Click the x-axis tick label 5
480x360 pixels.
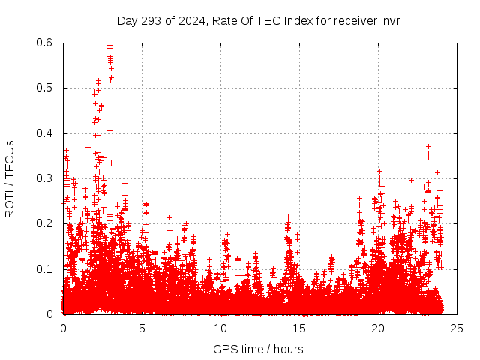point(142,328)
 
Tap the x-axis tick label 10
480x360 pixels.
point(220,328)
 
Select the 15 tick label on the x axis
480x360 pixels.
point(299,328)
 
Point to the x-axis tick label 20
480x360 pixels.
point(378,328)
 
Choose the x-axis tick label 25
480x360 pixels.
point(457,328)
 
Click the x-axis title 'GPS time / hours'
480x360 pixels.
point(258,349)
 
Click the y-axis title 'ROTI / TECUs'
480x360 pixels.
point(10,178)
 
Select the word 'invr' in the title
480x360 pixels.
point(388,20)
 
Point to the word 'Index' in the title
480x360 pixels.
point(299,20)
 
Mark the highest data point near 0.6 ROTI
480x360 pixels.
point(110,46)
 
